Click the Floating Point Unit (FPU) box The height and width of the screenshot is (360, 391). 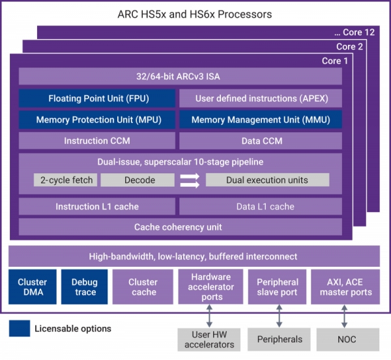click(x=96, y=98)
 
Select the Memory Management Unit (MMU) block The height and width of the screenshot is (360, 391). click(x=261, y=120)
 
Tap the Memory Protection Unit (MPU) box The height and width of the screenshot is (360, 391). click(x=96, y=120)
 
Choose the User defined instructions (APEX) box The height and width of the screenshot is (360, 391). click(x=261, y=98)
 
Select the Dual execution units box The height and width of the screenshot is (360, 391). click(x=267, y=180)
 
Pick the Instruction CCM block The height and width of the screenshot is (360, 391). click(x=96, y=141)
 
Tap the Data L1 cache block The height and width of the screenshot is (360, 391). click(x=261, y=206)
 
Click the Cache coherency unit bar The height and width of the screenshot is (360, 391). click(x=181, y=227)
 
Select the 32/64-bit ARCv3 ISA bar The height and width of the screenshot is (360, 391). click(x=181, y=77)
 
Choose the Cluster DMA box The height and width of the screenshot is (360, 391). click(x=32, y=287)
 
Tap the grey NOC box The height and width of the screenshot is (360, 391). click(x=347, y=340)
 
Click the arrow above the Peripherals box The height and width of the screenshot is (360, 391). click(x=280, y=316)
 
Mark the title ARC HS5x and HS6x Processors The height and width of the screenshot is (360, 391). click(x=195, y=14)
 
